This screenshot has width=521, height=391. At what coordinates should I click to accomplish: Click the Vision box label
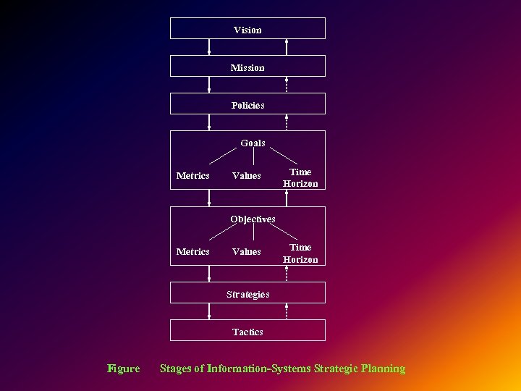247,30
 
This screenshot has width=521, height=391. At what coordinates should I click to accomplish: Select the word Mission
247,67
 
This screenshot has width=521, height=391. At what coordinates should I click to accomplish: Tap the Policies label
247,105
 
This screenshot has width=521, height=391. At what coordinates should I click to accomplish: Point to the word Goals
253,143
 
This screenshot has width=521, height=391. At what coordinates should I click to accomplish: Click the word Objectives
253,219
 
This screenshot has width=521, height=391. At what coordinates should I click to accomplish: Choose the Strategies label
247,294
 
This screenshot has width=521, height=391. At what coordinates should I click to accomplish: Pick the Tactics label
247,332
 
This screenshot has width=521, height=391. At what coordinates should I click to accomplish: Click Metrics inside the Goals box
193,176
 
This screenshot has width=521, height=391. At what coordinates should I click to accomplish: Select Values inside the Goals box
247,176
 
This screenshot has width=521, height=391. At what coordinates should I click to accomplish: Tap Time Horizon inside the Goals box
300,178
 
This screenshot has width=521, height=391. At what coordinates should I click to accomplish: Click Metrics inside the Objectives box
193,252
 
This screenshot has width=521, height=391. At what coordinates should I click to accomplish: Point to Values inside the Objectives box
247,252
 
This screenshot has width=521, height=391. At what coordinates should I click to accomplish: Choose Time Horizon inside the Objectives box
300,253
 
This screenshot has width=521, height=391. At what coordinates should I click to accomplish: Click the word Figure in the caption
124,369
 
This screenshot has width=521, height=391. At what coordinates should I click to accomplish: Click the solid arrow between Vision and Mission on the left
209,47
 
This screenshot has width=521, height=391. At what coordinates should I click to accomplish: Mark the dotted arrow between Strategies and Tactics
287,311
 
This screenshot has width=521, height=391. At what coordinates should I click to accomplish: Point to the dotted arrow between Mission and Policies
287,85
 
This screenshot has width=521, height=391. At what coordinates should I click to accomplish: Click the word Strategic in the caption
329,369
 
